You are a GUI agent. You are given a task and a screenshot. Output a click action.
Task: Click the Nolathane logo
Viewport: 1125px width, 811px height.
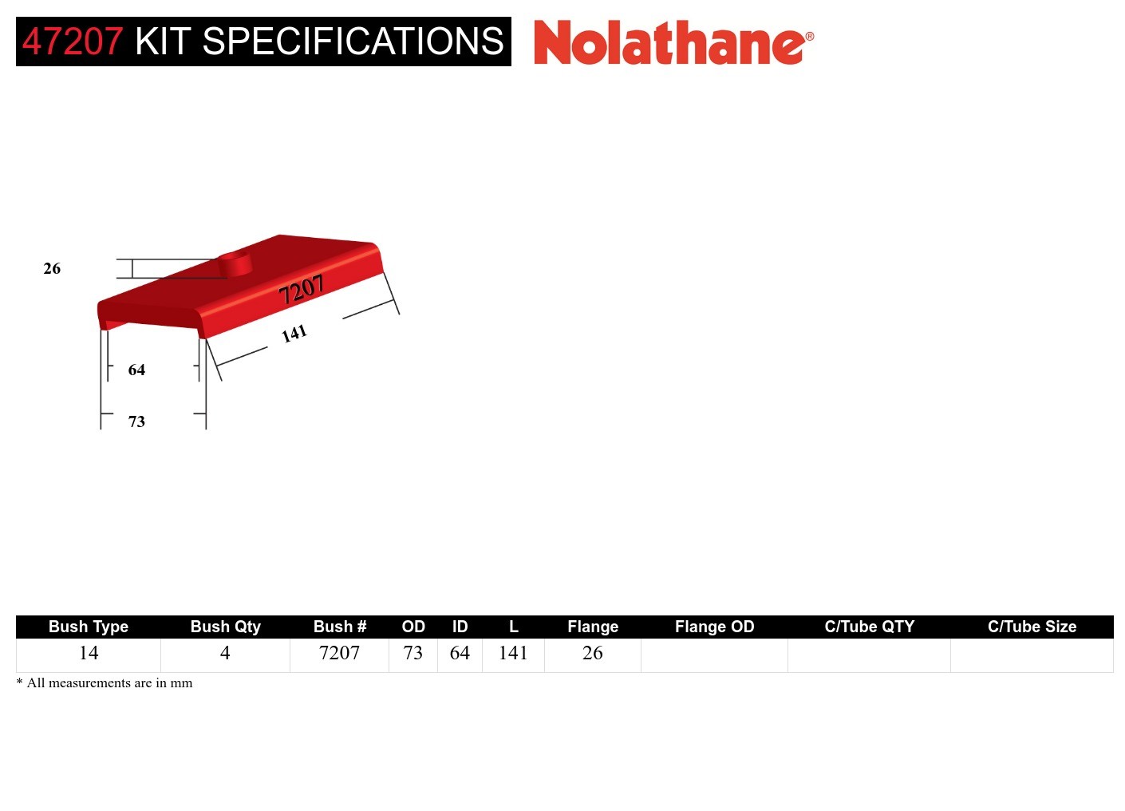(673, 43)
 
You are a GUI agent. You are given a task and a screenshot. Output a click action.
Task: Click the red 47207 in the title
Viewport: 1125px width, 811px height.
(73, 42)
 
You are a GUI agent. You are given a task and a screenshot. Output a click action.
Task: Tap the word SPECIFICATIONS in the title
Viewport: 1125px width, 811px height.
(353, 42)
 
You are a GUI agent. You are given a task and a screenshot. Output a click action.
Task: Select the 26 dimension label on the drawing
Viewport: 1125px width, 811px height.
(52, 269)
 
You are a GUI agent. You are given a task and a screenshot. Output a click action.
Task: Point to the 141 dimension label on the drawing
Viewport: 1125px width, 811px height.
(294, 334)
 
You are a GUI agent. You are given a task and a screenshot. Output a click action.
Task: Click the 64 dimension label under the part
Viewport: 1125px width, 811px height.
(136, 370)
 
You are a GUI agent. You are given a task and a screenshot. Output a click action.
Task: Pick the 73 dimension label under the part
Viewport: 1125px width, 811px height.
(136, 421)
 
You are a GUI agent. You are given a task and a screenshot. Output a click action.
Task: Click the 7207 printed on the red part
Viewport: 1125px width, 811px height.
(301, 290)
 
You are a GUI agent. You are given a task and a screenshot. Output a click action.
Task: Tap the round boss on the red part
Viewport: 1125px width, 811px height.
(235, 262)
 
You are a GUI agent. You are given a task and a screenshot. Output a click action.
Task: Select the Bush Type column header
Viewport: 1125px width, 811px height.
(89, 627)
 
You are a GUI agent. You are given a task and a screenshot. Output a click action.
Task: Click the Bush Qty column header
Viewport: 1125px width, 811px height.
(225, 627)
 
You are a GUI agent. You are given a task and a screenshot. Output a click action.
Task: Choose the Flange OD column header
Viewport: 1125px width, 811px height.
(714, 627)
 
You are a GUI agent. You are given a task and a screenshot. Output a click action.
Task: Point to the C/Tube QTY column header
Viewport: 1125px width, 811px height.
(869, 627)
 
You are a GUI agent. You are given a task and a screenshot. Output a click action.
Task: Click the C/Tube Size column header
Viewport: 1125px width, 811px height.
(1032, 627)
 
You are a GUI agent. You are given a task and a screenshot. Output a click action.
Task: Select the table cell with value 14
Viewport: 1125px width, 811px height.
(89, 653)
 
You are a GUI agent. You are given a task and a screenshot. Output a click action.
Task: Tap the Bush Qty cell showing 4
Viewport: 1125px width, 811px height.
(225, 653)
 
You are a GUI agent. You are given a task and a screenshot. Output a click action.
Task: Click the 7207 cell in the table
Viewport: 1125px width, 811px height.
(339, 653)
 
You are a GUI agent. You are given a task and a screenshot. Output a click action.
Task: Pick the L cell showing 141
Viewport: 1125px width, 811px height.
(513, 653)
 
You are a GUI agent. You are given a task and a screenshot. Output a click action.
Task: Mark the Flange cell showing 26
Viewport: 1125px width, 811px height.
(592, 653)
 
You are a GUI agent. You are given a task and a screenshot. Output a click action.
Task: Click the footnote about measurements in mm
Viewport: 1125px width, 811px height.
(105, 683)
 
